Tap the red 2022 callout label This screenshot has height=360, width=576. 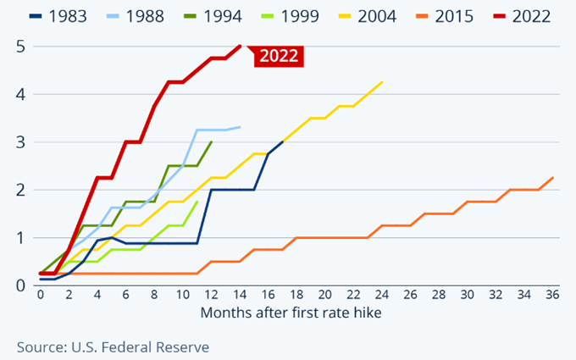click(278, 56)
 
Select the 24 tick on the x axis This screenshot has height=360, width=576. click(382, 296)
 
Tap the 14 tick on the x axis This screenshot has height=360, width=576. click(240, 296)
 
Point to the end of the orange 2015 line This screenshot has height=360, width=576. click(553, 178)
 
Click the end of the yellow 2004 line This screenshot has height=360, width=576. click(383, 82)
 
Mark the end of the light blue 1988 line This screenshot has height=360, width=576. click(241, 127)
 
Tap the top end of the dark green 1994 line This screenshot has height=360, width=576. click(212, 141)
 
